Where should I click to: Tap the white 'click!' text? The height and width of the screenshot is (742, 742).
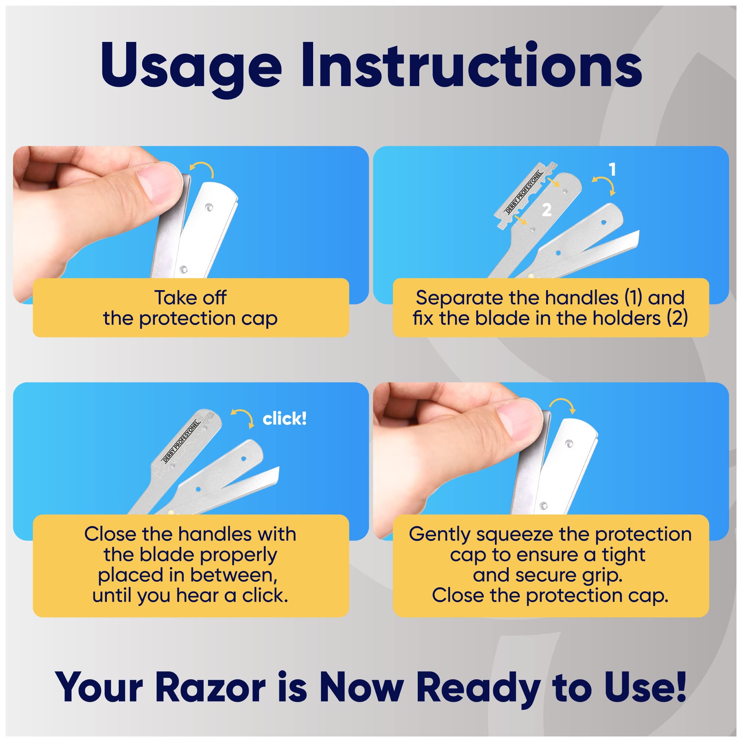click(284, 418)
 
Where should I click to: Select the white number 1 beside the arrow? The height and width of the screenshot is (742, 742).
click(612, 170)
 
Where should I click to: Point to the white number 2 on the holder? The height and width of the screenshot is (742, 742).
click(546, 210)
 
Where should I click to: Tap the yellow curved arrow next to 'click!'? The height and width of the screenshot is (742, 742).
click(243, 418)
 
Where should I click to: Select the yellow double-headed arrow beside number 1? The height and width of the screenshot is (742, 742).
click(604, 185)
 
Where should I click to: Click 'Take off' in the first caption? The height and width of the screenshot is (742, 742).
click(190, 298)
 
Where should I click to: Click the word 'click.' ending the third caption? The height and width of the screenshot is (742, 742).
click(265, 595)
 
